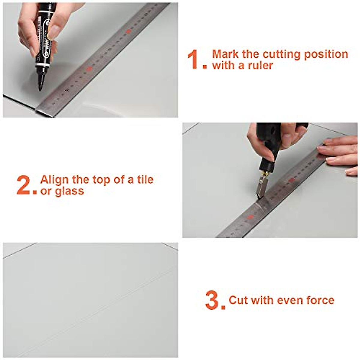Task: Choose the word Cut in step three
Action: tap(238, 300)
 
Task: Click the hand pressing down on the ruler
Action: tap(339, 154)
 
